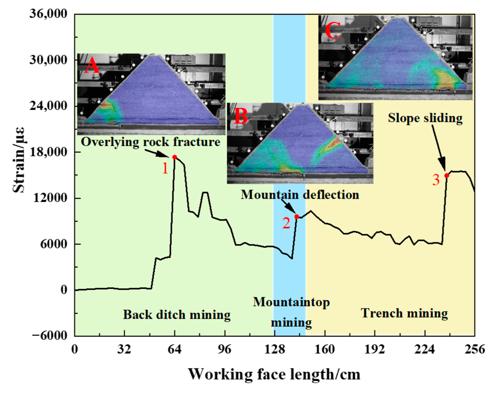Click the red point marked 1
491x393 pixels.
point(175,157)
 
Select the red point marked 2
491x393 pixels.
point(297,217)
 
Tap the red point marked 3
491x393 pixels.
point(447,175)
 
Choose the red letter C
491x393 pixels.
point(333,30)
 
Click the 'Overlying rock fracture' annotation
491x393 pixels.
point(151,142)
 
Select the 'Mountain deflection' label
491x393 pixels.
point(300,195)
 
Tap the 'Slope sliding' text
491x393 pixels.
point(425,118)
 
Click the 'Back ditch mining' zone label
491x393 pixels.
point(177,315)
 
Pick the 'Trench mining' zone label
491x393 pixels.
point(404,313)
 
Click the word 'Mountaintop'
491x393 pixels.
point(291,302)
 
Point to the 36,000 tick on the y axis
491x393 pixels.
point(48,14)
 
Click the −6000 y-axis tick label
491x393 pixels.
point(49,336)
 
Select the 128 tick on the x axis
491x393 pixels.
point(274,349)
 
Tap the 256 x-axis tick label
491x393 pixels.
point(474,349)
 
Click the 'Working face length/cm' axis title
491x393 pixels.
point(274,374)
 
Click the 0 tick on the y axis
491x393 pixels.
point(64,290)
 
